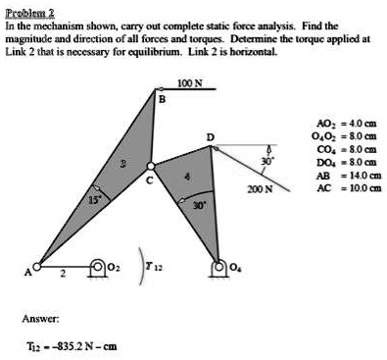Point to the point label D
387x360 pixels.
point(209,134)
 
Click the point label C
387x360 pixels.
point(149,181)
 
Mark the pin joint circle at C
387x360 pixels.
point(149,165)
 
